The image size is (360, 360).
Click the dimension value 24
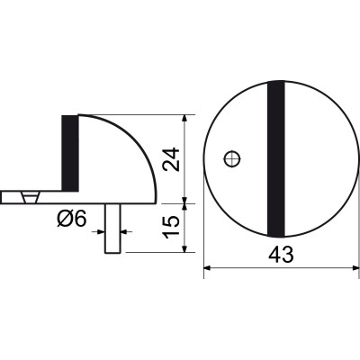click(172, 159)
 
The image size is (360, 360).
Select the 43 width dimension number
click(281, 256)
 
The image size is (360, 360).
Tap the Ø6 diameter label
click(72, 218)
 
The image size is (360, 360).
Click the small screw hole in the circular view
click(232, 158)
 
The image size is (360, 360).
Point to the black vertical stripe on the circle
click(276, 159)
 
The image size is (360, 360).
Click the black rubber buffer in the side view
click(70, 153)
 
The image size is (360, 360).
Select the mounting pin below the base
click(112, 229)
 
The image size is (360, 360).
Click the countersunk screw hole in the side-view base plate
click(30, 197)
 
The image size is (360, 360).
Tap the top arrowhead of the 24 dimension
click(185, 119)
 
